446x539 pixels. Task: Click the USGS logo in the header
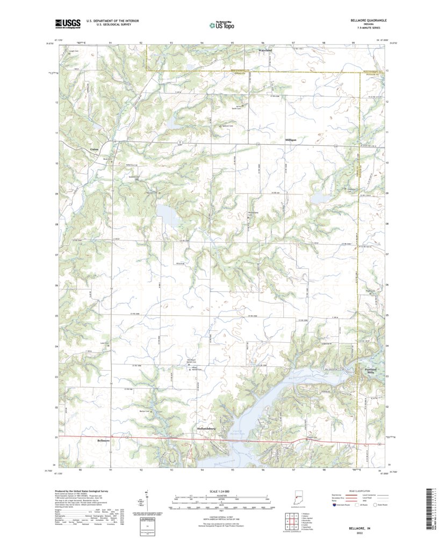[67, 23]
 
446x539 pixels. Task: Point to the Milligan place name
[291, 139]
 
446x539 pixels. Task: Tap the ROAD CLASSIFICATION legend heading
[364, 491]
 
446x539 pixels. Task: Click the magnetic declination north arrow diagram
[147, 499]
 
